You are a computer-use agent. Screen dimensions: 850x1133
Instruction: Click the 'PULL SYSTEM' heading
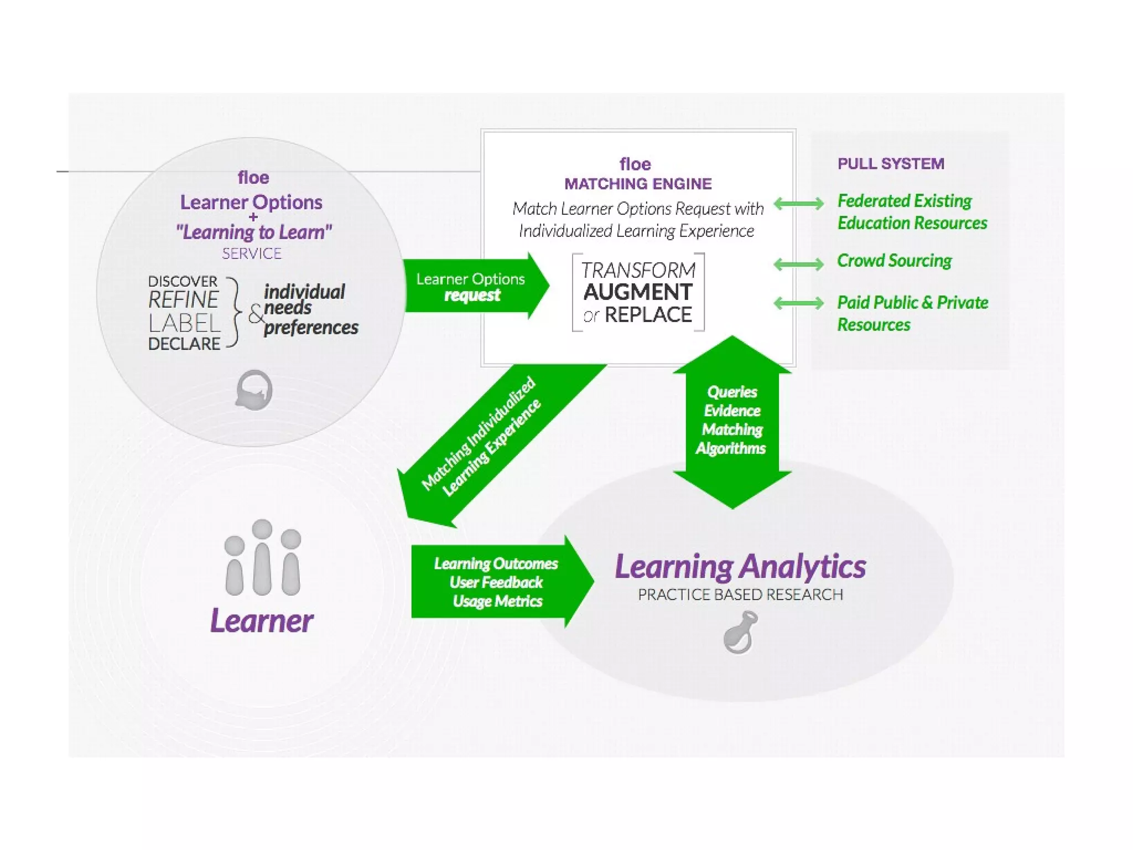click(891, 164)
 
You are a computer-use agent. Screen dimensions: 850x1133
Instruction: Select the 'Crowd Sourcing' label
click(894, 261)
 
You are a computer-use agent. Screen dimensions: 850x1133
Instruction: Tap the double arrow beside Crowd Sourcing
click(798, 264)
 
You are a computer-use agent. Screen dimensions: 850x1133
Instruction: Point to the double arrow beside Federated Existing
click(798, 204)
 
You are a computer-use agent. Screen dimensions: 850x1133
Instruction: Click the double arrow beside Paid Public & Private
click(798, 303)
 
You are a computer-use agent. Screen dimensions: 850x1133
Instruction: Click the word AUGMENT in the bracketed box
click(638, 292)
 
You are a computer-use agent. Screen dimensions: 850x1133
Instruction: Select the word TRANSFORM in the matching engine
click(638, 270)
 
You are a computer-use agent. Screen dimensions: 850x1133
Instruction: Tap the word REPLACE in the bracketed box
click(648, 315)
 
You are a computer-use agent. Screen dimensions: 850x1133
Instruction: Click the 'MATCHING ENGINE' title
click(638, 184)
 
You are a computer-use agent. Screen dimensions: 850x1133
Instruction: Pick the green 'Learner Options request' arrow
click(473, 286)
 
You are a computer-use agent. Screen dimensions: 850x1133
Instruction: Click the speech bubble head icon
click(254, 390)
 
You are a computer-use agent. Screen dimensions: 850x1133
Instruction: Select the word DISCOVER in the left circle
click(183, 282)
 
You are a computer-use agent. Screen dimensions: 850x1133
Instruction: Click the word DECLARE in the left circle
click(184, 344)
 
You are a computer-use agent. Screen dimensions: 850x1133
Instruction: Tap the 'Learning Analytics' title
click(740, 567)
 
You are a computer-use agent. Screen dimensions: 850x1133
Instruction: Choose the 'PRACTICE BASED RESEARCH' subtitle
click(740, 595)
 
